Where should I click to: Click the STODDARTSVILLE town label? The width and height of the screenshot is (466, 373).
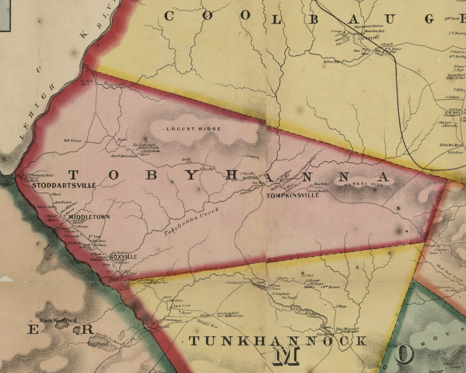pyautogui.click(x=64, y=186)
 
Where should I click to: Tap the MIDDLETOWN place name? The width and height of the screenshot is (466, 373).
pyautogui.click(x=89, y=217)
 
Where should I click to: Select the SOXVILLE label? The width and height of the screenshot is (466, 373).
pyautogui.click(x=123, y=257)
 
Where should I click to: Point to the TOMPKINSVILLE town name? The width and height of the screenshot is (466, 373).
pyautogui.click(x=293, y=195)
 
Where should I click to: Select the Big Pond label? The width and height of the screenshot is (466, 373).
pyautogui.click(x=97, y=343)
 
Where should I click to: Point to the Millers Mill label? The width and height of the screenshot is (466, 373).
pyautogui.click(x=331, y=61)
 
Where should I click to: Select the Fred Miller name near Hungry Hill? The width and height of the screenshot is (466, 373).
pyautogui.click(x=322, y=184)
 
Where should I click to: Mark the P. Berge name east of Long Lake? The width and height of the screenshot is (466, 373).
pyautogui.click(x=341, y=306)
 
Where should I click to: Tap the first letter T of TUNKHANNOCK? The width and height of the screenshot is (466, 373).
pyautogui.click(x=194, y=341)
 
